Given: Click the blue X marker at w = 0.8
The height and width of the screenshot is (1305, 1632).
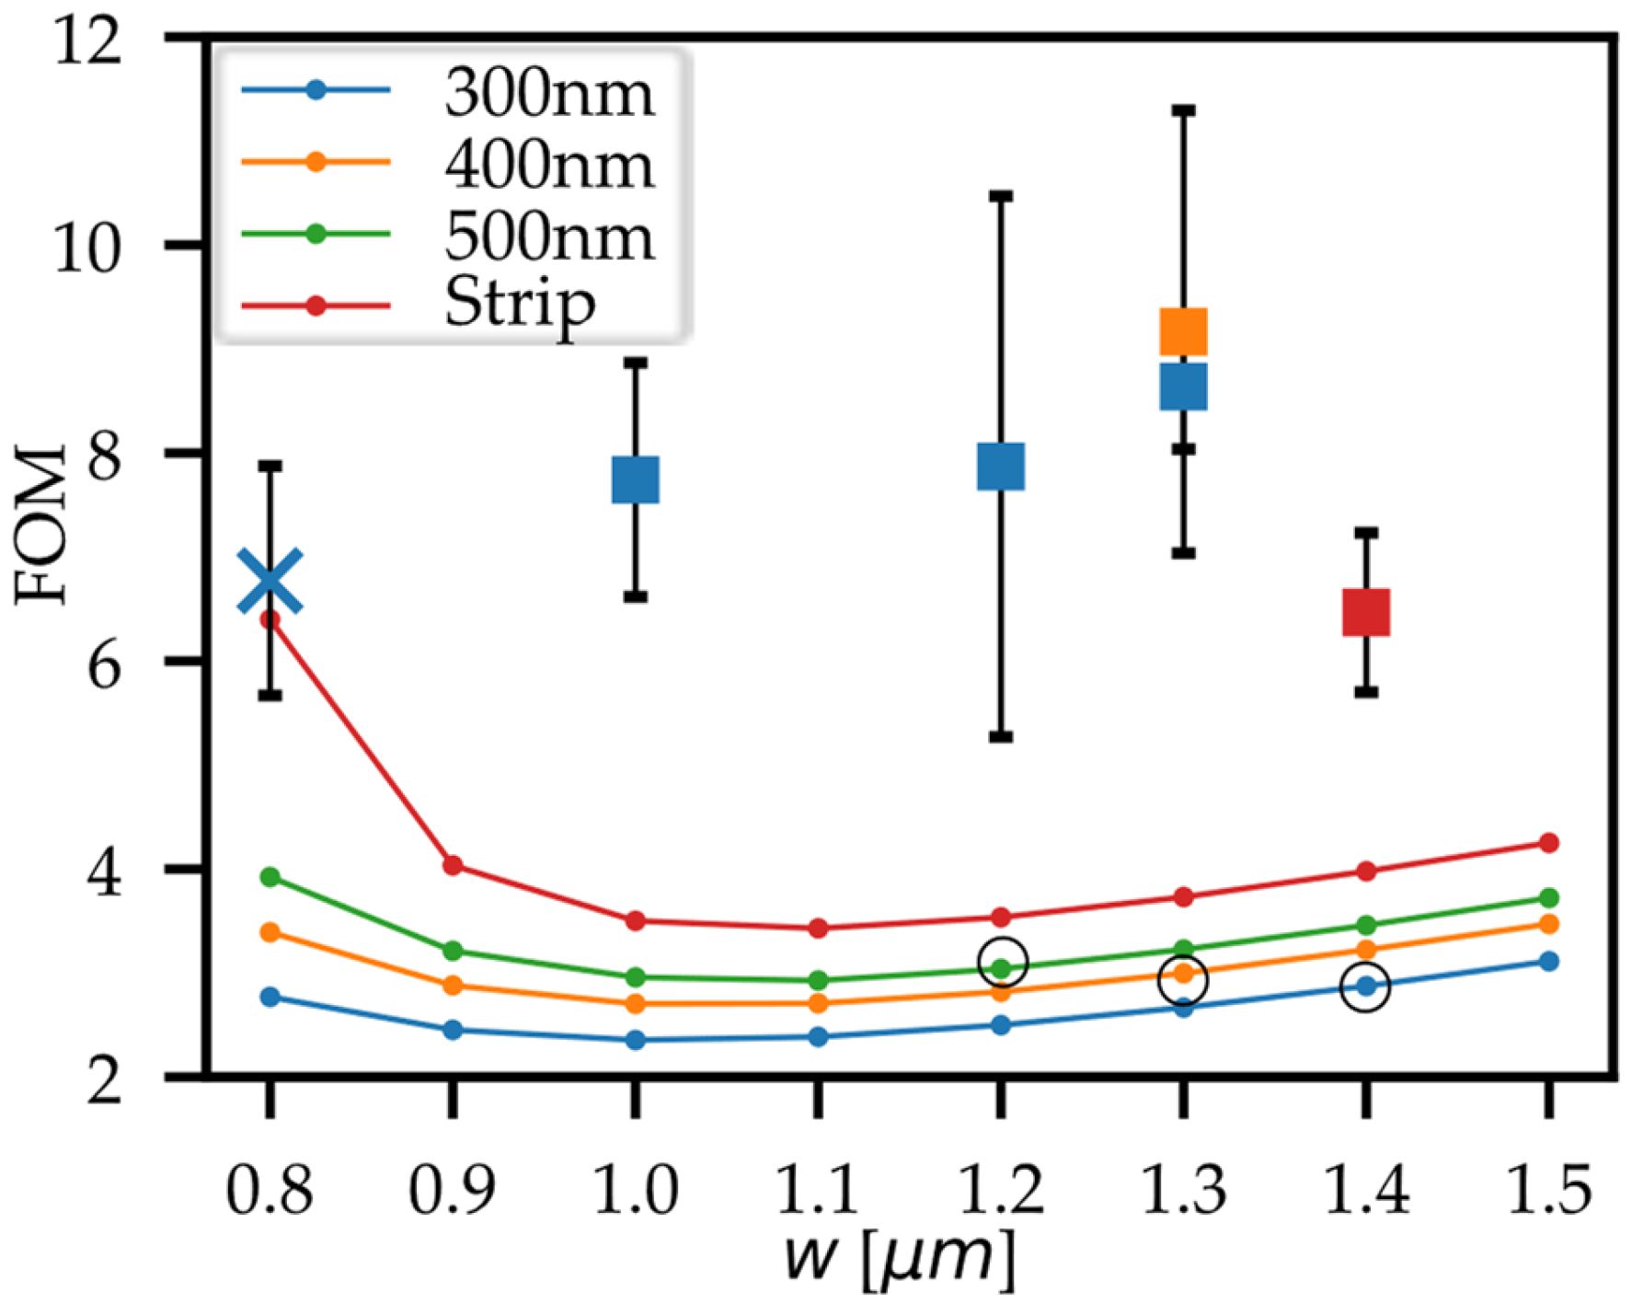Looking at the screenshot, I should point(270,582).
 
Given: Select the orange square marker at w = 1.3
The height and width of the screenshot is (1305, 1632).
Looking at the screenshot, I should point(1183,332).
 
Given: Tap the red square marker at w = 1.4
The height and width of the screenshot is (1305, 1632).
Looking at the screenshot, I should point(1366,613).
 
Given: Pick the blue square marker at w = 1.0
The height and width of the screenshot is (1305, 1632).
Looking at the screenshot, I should point(636,479).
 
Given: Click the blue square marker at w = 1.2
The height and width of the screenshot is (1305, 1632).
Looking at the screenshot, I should point(1001,467).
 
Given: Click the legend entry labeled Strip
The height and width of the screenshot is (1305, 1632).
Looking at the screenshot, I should point(520,304).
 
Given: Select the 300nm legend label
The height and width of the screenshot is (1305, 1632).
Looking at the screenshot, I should point(549,93).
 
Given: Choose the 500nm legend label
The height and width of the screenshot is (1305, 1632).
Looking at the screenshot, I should point(549,237).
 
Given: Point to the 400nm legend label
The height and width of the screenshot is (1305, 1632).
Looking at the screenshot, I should point(549,165).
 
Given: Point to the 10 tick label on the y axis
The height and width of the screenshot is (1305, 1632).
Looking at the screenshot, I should point(87,247).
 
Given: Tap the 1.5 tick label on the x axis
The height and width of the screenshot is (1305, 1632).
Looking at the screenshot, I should point(1548,1189).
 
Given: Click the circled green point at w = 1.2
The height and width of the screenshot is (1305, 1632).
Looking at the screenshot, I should point(1002,964).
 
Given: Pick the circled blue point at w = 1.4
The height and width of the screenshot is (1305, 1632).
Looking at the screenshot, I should point(1366,987).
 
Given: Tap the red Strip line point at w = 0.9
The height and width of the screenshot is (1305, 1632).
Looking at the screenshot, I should point(453,865).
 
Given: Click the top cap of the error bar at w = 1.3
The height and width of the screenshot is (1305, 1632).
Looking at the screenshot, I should point(1183,110).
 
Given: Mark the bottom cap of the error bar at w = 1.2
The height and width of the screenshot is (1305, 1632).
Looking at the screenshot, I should point(1001,736).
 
